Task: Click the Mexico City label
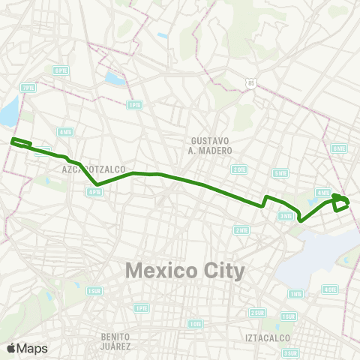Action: click(x=185, y=270)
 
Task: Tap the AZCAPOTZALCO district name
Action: click(x=94, y=169)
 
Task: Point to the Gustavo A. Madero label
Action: click(x=211, y=145)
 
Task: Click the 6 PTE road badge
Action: click(x=60, y=70)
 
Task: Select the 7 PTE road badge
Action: click(x=28, y=88)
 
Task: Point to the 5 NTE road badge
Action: click(x=280, y=172)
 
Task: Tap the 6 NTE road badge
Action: click(x=339, y=148)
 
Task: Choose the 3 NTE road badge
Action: click(x=286, y=216)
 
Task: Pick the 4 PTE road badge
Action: click(x=94, y=192)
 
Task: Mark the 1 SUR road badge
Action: click(x=94, y=290)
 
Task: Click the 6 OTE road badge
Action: click(x=329, y=289)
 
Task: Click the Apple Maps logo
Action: click(x=27, y=347)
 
